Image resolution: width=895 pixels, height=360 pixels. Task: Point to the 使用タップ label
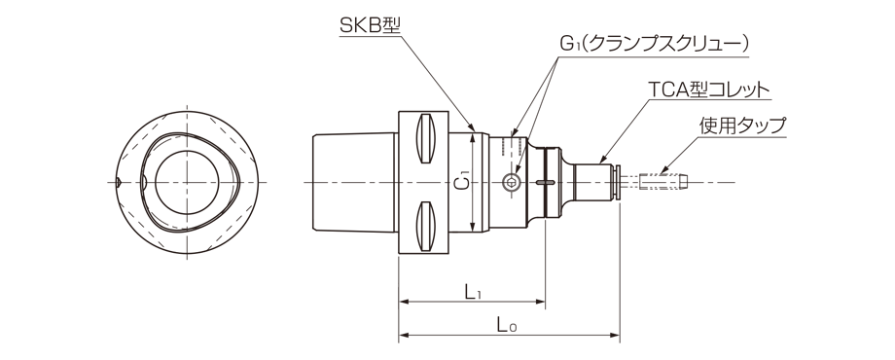(x=742, y=126)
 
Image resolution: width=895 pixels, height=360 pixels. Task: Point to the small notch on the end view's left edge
(x=117, y=182)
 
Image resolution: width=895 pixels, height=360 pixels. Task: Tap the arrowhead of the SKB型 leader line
(x=473, y=126)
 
